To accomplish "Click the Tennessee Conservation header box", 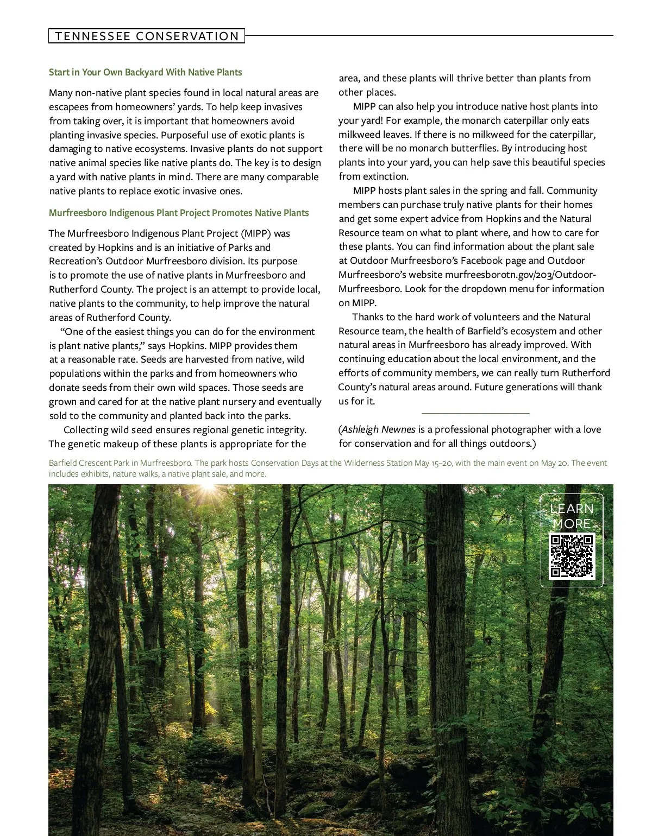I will pyautogui.click(x=147, y=36).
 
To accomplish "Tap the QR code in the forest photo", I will pyautogui.click(x=572, y=555).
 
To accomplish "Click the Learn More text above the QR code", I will pyautogui.click(x=572, y=516).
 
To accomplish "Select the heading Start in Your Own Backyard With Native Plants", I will pyautogui.click(x=146, y=72).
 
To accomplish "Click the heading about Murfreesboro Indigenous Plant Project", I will pyautogui.click(x=179, y=213).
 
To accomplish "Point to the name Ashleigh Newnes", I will pyautogui.click(x=379, y=429).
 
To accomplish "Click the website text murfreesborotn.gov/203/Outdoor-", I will pyautogui.click(x=521, y=275).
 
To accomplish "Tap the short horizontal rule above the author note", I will pyautogui.click(x=475, y=414).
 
